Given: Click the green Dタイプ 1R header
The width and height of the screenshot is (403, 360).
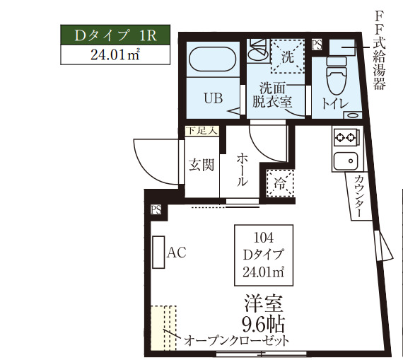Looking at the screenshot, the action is (x=115, y=35).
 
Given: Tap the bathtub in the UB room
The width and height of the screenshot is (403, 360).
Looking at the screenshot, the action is (x=213, y=59).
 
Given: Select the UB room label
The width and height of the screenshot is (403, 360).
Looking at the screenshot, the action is (x=213, y=98).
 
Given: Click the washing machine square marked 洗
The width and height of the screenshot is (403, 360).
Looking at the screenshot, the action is (x=287, y=57).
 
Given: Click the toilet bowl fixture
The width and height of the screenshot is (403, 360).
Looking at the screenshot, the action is (x=336, y=76).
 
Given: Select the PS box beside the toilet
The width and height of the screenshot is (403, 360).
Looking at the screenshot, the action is (x=317, y=45).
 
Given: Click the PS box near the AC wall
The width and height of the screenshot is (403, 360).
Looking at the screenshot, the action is (x=156, y=209).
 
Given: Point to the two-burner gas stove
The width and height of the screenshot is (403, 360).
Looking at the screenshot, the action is (x=346, y=138).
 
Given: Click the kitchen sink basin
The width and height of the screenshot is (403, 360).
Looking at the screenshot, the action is (x=346, y=161).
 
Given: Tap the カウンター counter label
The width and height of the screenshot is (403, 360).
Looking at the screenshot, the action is (x=358, y=197).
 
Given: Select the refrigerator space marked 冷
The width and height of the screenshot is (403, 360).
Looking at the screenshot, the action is (x=280, y=183).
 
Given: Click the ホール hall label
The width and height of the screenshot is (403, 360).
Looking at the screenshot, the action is (x=242, y=170).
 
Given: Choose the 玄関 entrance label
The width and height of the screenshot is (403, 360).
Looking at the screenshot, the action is (x=201, y=165).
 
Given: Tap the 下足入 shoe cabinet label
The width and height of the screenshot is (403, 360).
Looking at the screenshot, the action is (x=202, y=131).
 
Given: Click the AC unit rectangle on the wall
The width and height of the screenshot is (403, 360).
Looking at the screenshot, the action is (x=158, y=252).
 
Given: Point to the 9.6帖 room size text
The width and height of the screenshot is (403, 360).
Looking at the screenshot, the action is (x=263, y=325).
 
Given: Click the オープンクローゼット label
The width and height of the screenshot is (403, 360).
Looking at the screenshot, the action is (x=236, y=341).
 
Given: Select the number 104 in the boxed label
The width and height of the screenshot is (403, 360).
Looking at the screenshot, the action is (x=264, y=238).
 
